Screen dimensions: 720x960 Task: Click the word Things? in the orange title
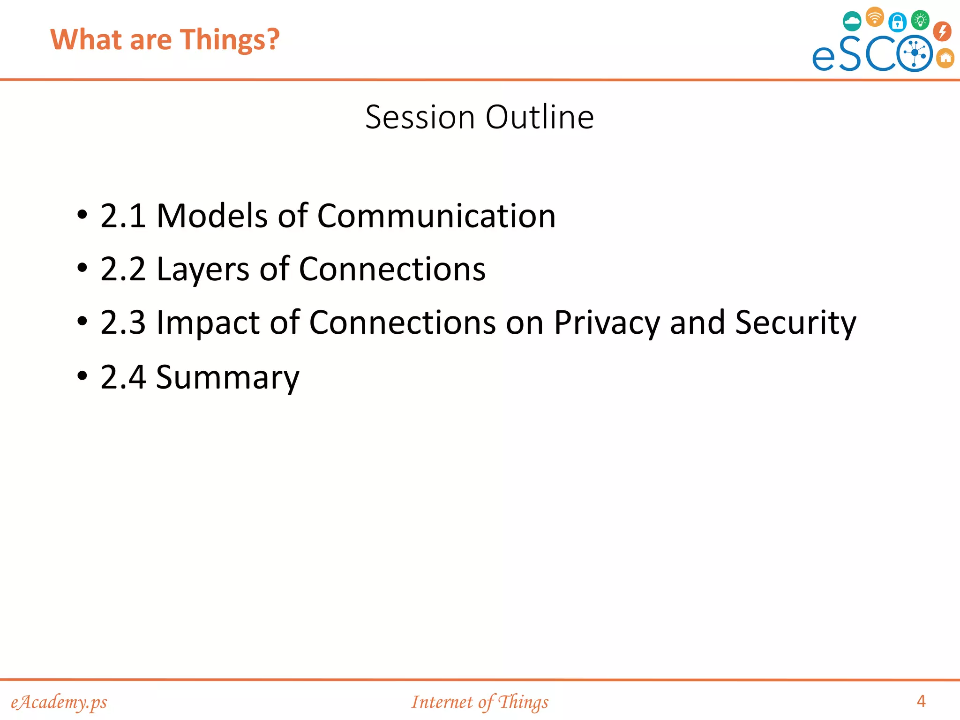[x=230, y=39]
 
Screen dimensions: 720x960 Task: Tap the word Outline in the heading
[x=540, y=117]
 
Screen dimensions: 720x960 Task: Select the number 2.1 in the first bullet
[x=123, y=216]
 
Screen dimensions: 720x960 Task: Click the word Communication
[x=436, y=216]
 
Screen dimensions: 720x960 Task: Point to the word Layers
[x=202, y=270]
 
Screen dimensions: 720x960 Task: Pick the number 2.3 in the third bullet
[x=123, y=323]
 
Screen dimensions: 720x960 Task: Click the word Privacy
[x=607, y=323]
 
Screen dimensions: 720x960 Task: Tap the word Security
[x=795, y=323]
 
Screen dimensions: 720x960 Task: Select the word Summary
[x=227, y=377]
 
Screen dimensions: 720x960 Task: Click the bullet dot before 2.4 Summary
[x=82, y=375]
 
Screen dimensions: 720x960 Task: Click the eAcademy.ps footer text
[x=59, y=702]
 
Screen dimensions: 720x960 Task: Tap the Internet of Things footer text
[x=480, y=702]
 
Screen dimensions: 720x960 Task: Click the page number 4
[x=921, y=701]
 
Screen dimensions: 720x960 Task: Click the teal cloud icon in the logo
[x=852, y=22]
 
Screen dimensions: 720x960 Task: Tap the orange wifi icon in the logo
[x=875, y=17]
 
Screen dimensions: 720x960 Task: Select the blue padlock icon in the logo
[x=897, y=22]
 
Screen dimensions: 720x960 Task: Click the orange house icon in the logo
[x=945, y=58]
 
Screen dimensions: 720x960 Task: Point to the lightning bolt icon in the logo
[x=942, y=31]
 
